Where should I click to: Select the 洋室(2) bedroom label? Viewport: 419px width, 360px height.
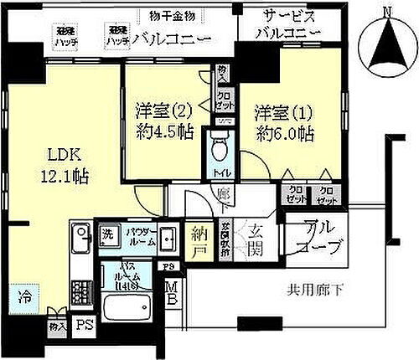158,109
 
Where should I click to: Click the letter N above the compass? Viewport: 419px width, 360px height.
386,12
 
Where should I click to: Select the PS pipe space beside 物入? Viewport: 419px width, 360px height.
82,325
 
